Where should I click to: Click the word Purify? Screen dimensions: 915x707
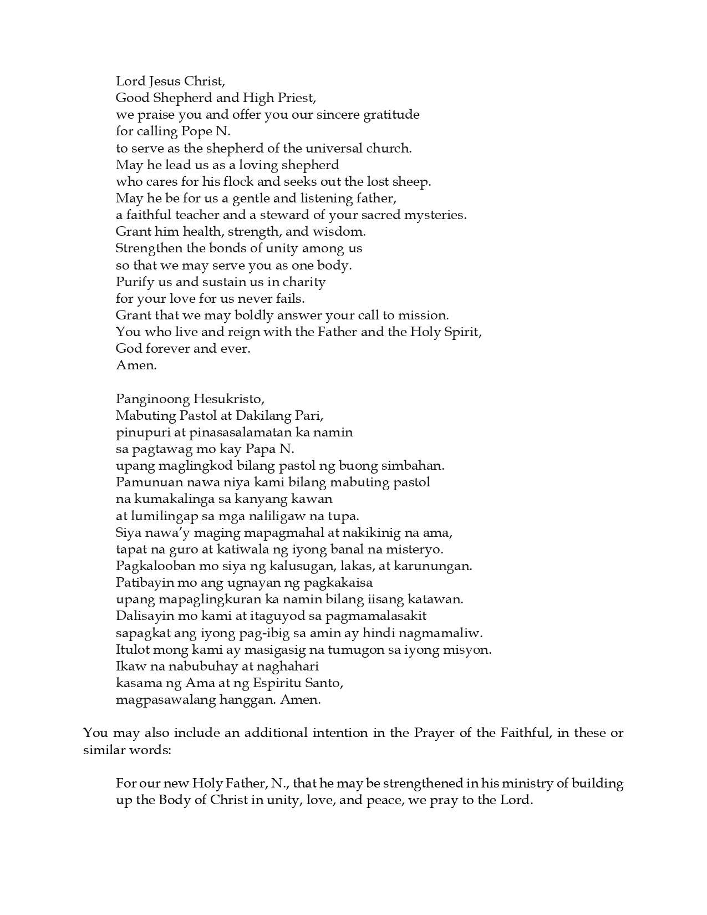[134, 282]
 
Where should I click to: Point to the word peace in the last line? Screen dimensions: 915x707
[383, 800]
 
